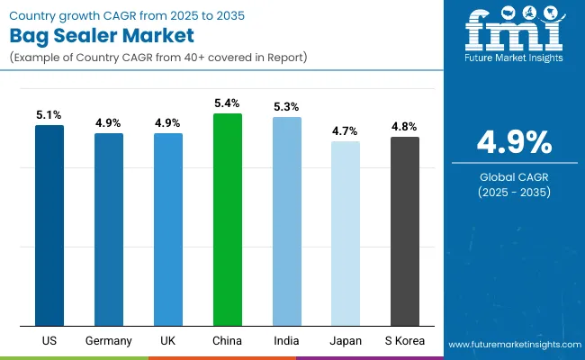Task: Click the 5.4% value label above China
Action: [x=228, y=104]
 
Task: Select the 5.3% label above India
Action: [x=287, y=108]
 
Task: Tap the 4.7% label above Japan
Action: [x=346, y=131]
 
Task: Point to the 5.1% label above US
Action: [x=49, y=115]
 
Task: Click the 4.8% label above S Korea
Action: [x=405, y=127]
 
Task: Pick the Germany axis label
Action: [x=109, y=341]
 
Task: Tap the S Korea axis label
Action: [x=405, y=341]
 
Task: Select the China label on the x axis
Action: [x=228, y=341]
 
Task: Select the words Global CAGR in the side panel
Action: [x=514, y=175]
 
